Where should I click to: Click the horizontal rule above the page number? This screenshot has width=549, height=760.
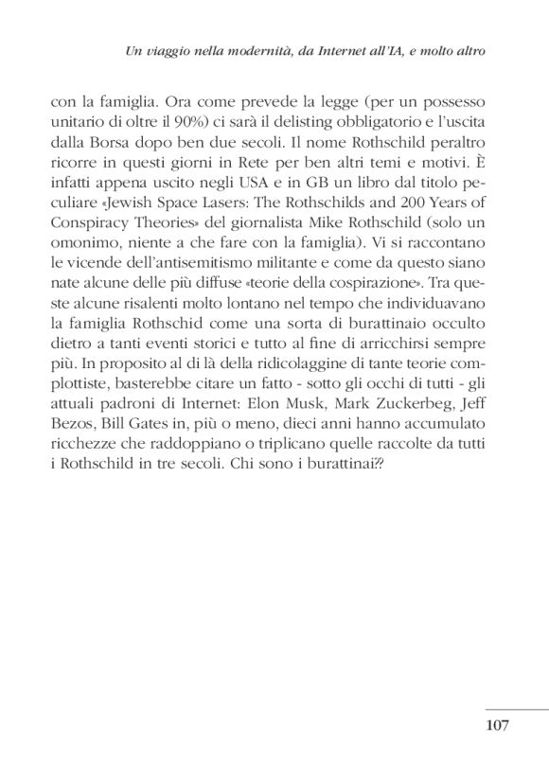coord(516,709)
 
